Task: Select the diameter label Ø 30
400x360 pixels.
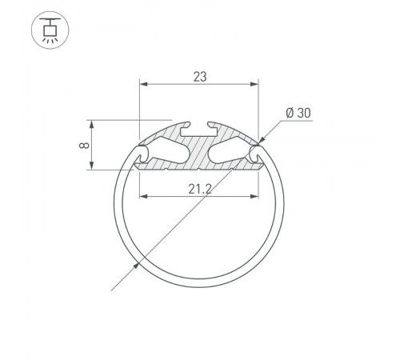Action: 298,114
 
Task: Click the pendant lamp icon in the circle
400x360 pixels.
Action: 49,30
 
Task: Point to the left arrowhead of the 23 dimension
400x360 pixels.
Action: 143,83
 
